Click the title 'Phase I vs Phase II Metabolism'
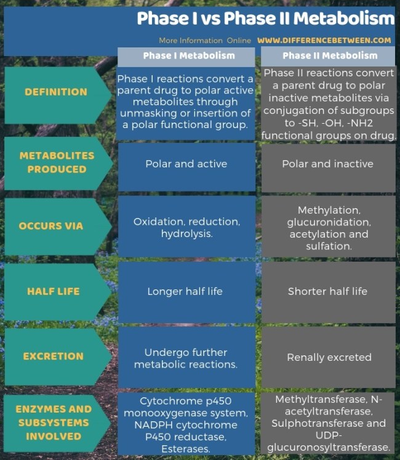click(265, 18)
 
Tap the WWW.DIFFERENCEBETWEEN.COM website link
click(324, 40)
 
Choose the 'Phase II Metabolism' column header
click(330, 55)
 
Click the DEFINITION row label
click(56, 92)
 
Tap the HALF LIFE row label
click(54, 291)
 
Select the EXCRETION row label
click(53, 356)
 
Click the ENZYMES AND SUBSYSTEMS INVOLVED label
click(54, 422)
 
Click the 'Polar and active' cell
click(186, 164)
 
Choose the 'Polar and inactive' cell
click(327, 164)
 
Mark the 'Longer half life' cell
click(185, 291)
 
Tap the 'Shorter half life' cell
click(327, 291)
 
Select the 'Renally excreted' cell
click(329, 357)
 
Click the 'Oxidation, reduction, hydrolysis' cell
click(186, 227)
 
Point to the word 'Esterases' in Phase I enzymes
click(186, 449)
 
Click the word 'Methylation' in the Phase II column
click(329, 210)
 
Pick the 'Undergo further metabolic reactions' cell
click(186, 358)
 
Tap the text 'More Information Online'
click(205, 40)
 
